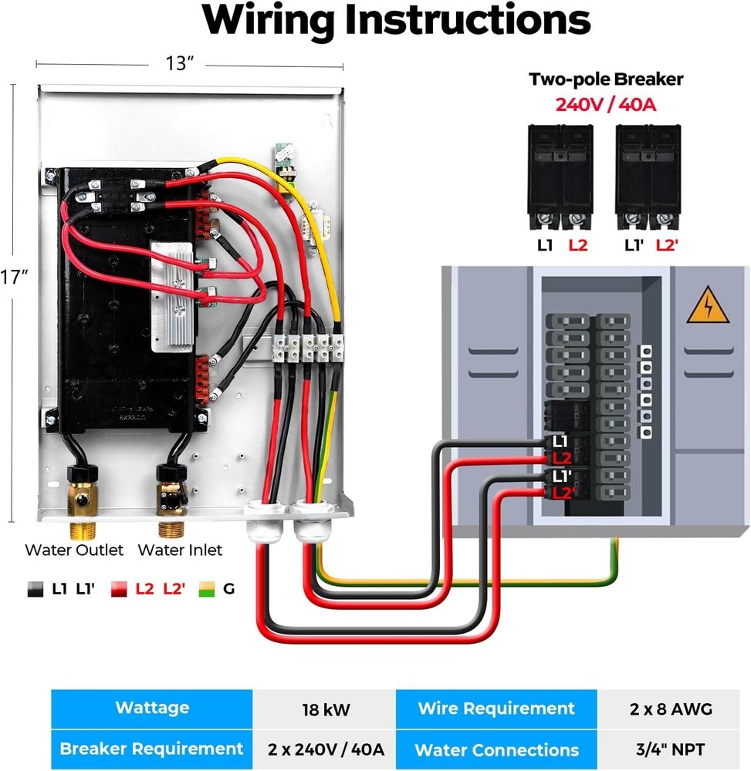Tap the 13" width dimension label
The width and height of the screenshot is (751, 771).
[179, 64]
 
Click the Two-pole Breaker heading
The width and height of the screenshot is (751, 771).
[605, 79]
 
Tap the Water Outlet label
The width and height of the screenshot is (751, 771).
[74, 550]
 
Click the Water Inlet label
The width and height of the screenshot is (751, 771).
[180, 550]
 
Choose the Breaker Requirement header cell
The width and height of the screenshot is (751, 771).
[152, 749]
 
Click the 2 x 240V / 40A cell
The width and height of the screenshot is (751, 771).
[323, 749]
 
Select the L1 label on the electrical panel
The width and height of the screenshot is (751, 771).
[560, 442]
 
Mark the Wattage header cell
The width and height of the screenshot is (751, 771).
[152, 708]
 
